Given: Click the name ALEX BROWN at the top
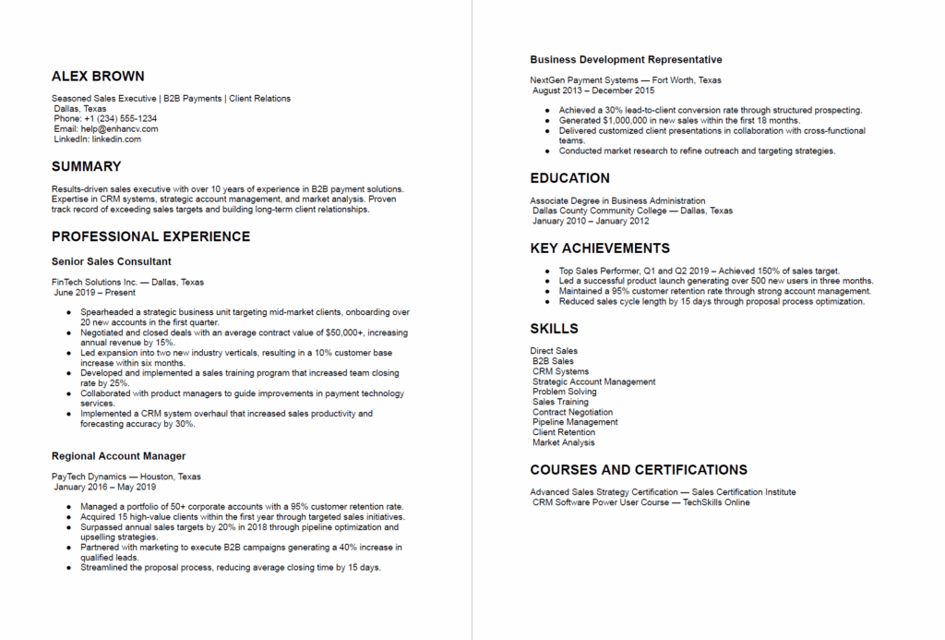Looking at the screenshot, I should pyautogui.click(x=98, y=76).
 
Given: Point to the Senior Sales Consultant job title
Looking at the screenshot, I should pyautogui.click(x=112, y=261).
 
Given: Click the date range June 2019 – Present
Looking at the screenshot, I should pyautogui.click(x=94, y=292).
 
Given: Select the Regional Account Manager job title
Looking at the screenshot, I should pyautogui.click(x=119, y=455).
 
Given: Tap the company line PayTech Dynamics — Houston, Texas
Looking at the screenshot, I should pyautogui.click(x=126, y=477).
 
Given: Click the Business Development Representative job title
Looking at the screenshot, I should pyautogui.click(x=626, y=60).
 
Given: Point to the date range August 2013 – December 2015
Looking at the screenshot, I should pyautogui.click(x=593, y=91).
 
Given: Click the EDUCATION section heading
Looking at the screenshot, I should pyautogui.click(x=569, y=178).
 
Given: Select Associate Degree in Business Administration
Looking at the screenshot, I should pyautogui.click(x=617, y=200).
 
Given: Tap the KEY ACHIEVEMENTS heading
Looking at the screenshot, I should pyautogui.click(x=600, y=248).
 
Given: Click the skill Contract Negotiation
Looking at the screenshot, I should pyautogui.click(x=572, y=412).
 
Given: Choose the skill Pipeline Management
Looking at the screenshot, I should pyautogui.click(x=575, y=422).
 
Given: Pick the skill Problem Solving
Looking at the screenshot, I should pyautogui.click(x=564, y=392).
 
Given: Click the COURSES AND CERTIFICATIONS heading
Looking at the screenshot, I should pyautogui.click(x=639, y=469).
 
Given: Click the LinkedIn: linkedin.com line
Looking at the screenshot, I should pyautogui.click(x=97, y=139).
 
